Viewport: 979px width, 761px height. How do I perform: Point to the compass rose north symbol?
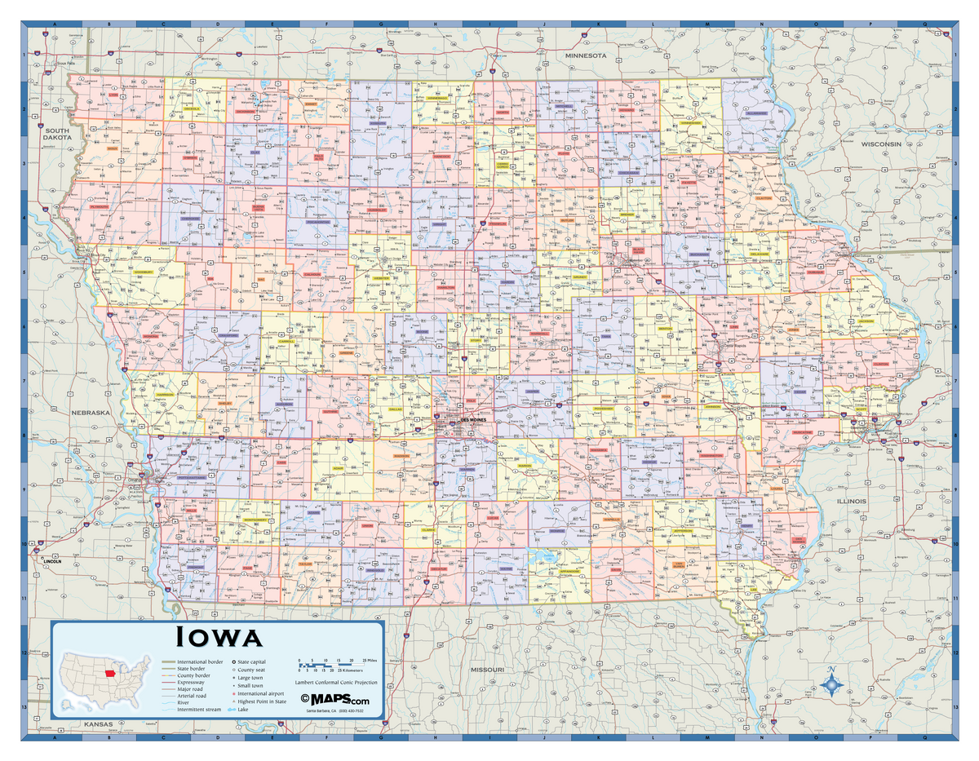click(x=831, y=684)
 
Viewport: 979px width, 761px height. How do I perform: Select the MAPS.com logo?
click(x=334, y=700)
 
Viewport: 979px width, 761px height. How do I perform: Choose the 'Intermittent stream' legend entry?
click(x=193, y=710)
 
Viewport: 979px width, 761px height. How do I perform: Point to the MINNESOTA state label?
click(x=587, y=55)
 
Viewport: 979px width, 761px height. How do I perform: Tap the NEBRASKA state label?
click(x=91, y=413)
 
